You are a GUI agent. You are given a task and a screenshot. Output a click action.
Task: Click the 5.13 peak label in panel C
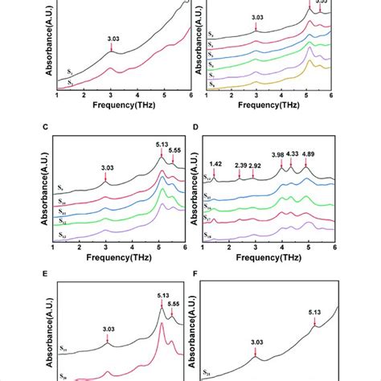click(163, 145)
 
